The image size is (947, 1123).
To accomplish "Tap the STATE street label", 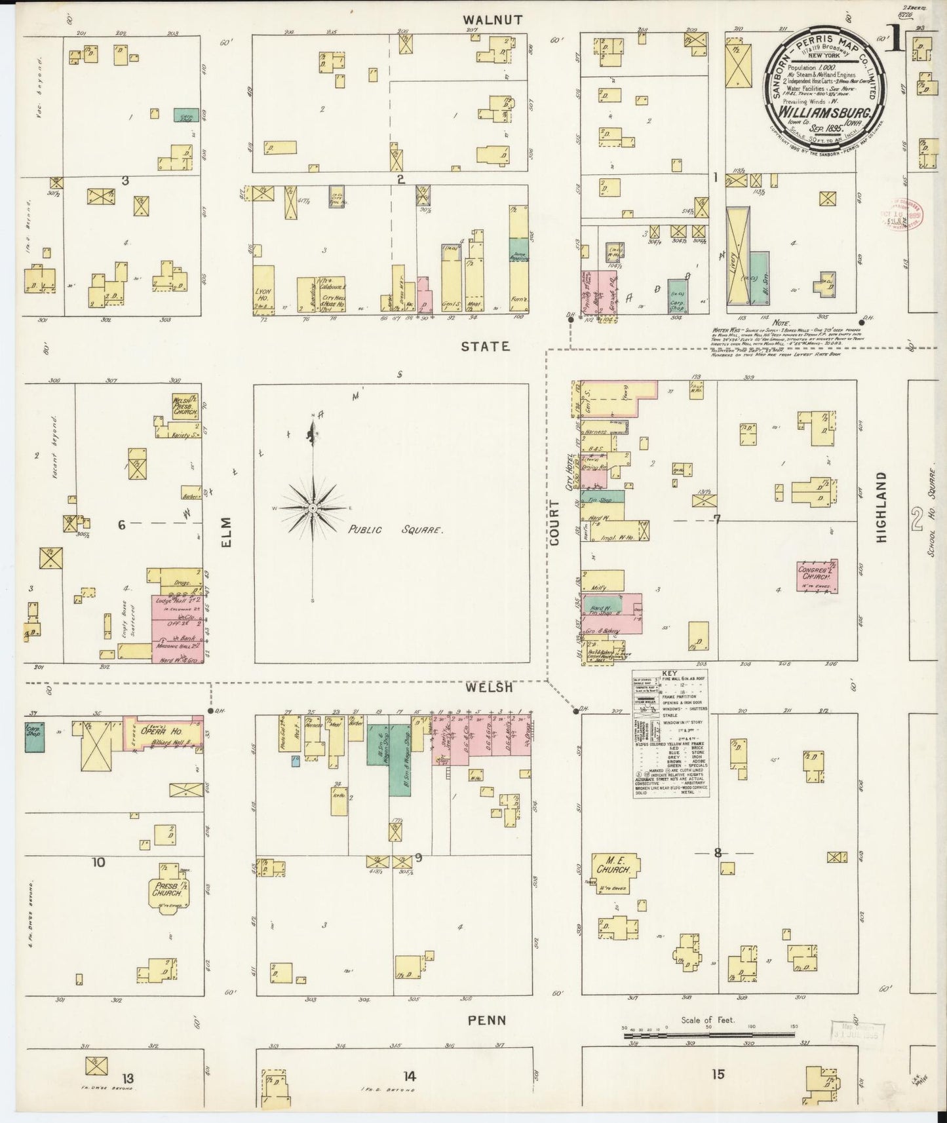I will [x=485, y=347].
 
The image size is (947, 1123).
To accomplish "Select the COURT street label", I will [x=555, y=523].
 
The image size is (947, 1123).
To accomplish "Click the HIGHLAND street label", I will [x=881, y=507].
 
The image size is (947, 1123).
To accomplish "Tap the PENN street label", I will [x=487, y=1020].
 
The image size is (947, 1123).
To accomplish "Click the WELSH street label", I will [x=489, y=689].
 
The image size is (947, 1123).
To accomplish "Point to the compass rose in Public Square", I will [x=313, y=508].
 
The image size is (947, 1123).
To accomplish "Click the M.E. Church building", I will [x=614, y=869].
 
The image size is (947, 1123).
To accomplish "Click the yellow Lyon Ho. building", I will [x=264, y=290].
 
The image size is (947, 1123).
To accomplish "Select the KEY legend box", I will [x=670, y=734].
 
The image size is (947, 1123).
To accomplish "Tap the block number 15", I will [x=718, y=1074].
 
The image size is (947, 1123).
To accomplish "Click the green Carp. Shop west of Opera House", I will [x=35, y=736].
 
